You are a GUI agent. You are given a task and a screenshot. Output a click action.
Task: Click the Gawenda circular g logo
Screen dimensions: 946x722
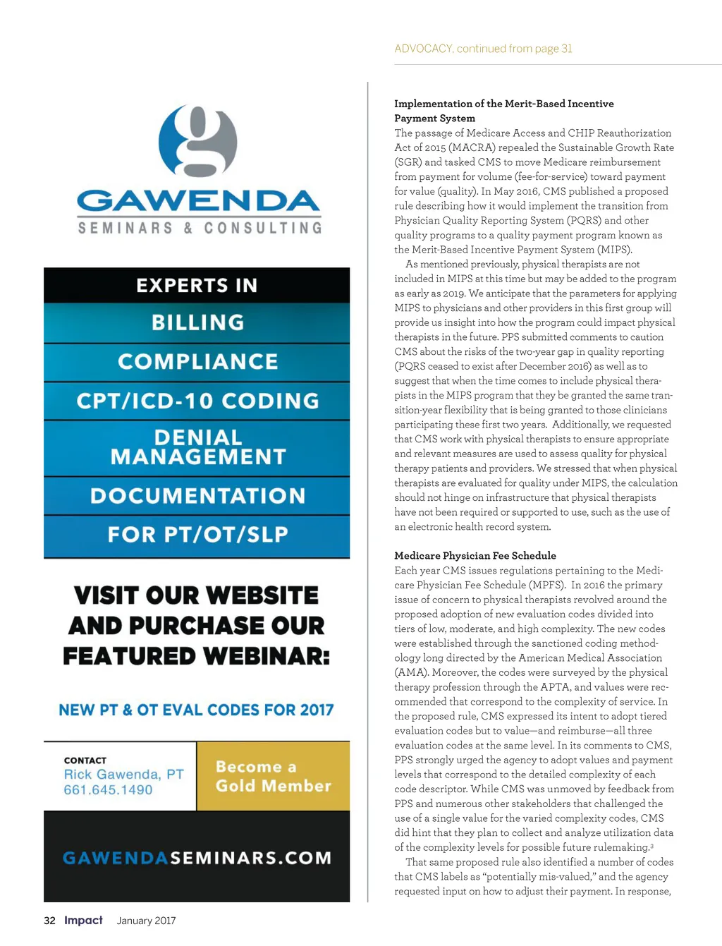198,141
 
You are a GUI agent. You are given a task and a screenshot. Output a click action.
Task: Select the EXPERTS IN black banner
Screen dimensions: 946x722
197,285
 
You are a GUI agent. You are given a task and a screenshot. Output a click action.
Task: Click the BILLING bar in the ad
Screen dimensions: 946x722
197,322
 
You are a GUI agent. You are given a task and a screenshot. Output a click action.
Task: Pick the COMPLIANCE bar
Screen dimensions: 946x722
197,361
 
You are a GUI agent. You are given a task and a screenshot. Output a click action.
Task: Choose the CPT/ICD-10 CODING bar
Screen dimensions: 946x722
197,401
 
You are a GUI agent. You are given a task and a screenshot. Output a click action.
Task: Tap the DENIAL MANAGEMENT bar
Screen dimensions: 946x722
197,447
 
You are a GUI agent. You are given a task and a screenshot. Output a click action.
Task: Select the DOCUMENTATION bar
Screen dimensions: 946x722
197,495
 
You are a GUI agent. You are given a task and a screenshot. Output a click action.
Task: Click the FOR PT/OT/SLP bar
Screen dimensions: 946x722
197,534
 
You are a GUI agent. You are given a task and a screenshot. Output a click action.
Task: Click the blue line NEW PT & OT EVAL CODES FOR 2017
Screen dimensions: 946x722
196,710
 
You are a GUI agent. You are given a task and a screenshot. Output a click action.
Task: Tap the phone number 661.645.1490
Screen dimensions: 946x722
108,789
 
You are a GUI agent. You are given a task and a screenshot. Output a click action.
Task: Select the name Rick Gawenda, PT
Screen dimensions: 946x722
123,774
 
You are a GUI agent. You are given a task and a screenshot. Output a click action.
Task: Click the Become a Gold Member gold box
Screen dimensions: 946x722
273,776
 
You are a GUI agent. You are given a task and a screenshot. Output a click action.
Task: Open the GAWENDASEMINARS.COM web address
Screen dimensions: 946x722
197,858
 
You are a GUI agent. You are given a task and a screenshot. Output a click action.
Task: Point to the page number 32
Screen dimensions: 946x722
49,921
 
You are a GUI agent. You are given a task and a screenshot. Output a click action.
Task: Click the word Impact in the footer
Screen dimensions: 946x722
83,920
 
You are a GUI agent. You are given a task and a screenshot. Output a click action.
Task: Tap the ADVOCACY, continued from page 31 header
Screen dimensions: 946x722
483,49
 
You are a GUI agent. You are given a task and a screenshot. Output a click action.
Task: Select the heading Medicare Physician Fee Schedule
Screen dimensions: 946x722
475,555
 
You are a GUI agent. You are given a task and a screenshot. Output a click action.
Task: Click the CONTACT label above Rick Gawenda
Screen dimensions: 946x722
85,760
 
